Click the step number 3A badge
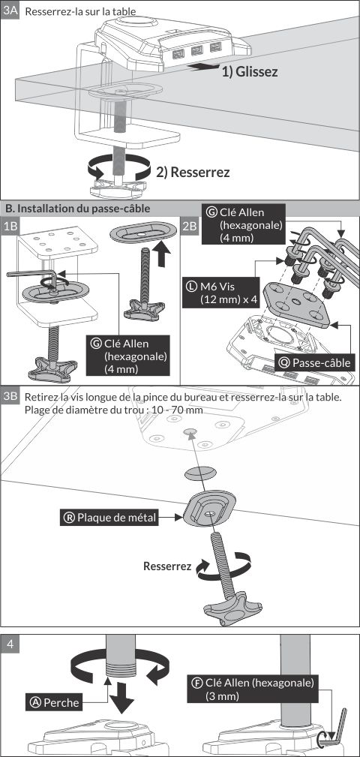coord(10,11)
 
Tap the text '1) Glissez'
coord(250,72)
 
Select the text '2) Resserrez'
coord(193,172)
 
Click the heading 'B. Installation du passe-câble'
coord(77,209)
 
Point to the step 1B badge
coord(10,226)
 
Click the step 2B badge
coord(190,226)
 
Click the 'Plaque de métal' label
coord(110,518)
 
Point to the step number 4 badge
coord(10,644)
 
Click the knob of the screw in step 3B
coord(226,611)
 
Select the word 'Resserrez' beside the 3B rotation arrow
coord(167,566)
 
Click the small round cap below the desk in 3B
coord(200,473)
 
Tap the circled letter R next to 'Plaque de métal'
coord(69,518)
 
